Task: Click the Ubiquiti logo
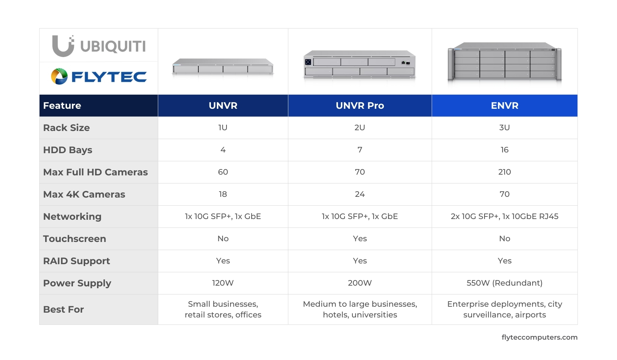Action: [x=99, y=46]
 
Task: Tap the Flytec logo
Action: [x=99, y=77]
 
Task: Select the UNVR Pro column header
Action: [x=360, y=105]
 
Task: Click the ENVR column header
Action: [x=504, y=105]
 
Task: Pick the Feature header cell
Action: [x=62, y=105]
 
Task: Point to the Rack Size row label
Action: [x=67, y=128]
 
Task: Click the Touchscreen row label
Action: [x=75, y=239]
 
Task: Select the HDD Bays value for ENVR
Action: [x=504, y=150]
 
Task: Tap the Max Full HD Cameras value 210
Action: [x=504, y=172]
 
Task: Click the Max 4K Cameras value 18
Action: [x=223, y=194]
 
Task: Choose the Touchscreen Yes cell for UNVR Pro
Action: [x=360, y=239]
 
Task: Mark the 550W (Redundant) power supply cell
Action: [x=504, y=283]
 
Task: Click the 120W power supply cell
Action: [x=223, y=283]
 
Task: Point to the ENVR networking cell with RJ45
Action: [x=504, y=216]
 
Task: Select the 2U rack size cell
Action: [x=360, y=128]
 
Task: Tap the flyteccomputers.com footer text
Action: [x=539, y=337]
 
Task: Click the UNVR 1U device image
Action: [x=223, y=67]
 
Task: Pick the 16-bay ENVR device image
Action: [x=504, y=62]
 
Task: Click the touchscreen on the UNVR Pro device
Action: [x=308, y=62]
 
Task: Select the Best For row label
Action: [x=64, y=309]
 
